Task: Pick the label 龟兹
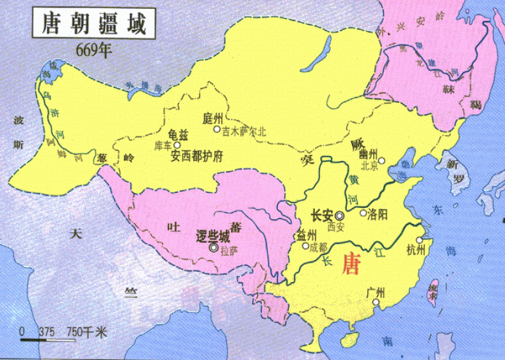(x=178, y=135)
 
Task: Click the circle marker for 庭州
(x=216, y=129)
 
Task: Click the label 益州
(x=307, y=235)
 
